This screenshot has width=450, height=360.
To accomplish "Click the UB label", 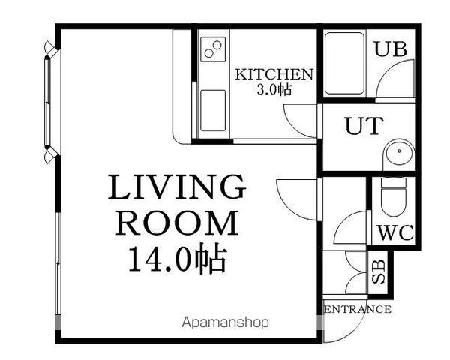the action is (391, 49).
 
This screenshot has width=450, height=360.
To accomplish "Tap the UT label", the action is (364, 126).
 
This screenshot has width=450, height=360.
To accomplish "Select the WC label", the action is (396, 232).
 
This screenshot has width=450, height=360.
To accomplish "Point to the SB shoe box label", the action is (379, 271).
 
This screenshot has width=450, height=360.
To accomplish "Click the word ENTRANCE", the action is (358, 309).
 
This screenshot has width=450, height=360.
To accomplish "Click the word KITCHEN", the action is (274, 74).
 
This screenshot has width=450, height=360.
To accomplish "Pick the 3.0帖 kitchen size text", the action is (274, 89).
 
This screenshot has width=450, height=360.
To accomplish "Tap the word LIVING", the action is (177, 187).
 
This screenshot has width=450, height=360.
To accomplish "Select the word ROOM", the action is (177, 223).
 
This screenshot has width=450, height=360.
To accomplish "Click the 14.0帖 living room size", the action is (177, 258).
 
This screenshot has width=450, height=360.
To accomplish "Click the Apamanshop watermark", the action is (226, 322).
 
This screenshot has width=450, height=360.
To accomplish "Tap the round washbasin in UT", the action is (399, 152).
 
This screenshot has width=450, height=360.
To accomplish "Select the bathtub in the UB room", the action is (344, 64).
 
